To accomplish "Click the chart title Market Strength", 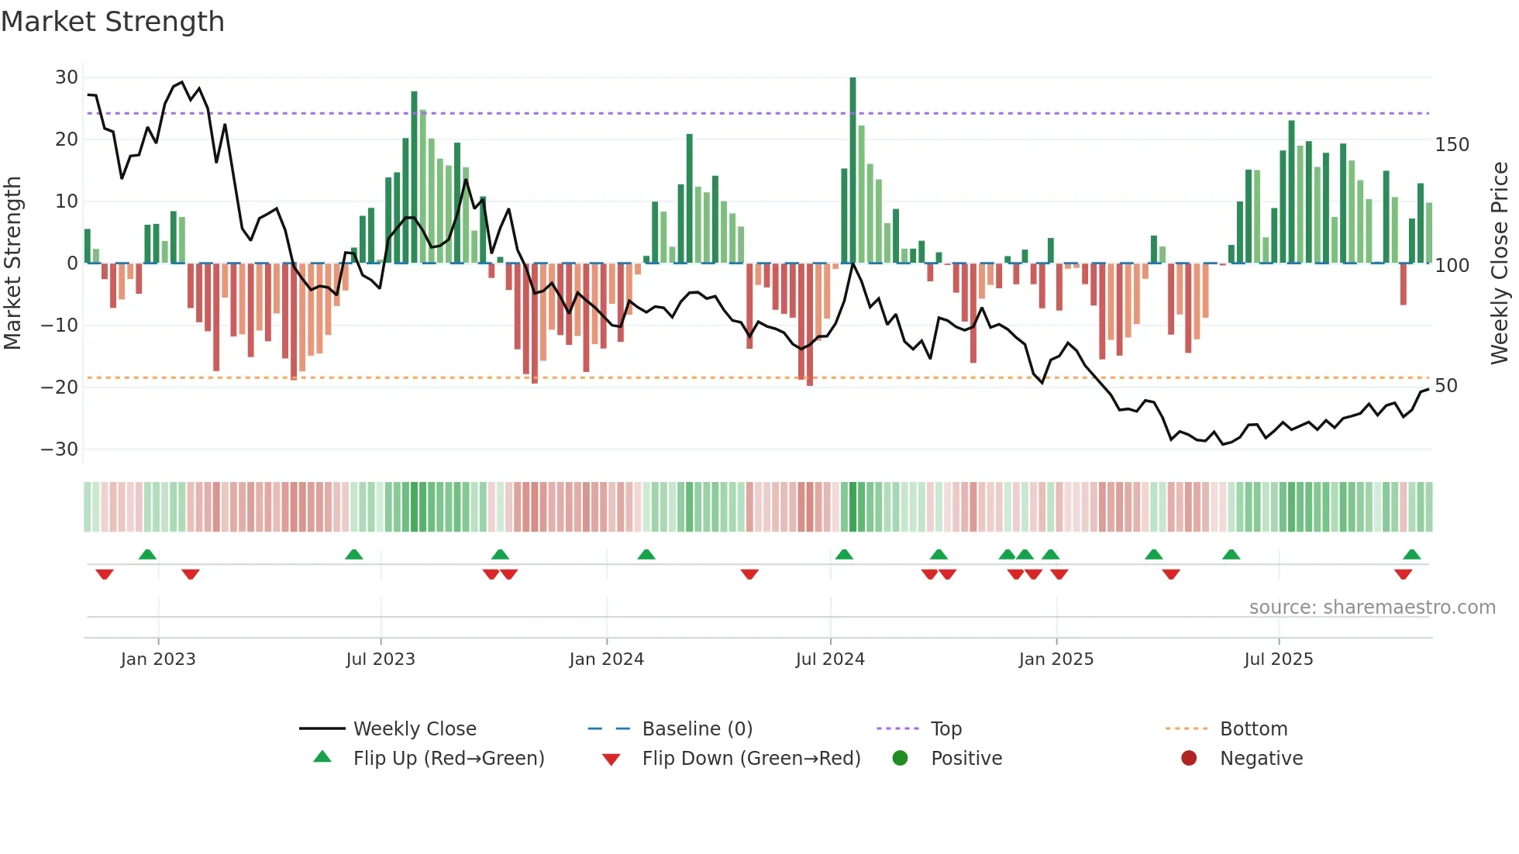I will [x=112, y=22].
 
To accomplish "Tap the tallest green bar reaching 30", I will [x=852, y=170].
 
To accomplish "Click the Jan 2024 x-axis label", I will [x=606, y=659].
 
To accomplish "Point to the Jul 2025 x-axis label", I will [x=1278, y=659].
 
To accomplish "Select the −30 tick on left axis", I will [x=60, y=449].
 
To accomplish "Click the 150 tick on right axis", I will [x=1452, y=145].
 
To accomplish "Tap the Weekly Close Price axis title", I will [x=1500, y=263].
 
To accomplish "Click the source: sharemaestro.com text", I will [x=1372, y=608].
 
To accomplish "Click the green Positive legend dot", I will [x=900, y=758].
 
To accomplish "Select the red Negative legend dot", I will [x=1189, y=758].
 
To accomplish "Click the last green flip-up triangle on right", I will [x=1411, y=554].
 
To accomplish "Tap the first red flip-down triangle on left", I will [x=105, y=574].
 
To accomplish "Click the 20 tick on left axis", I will [x=66, y=139].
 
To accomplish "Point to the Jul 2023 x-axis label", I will [x=381, y=659].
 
